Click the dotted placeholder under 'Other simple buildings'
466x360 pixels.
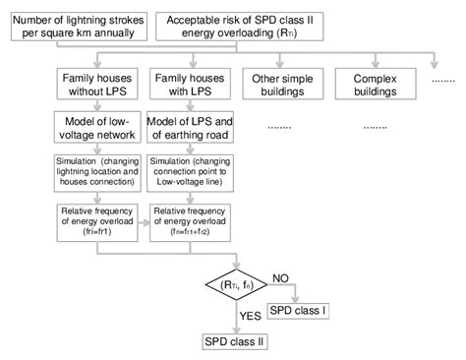coord(278,127)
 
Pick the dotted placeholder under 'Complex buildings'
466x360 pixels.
coord(375,127)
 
